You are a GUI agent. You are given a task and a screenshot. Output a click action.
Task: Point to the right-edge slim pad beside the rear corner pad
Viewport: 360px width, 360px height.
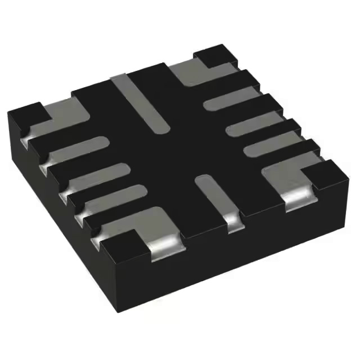(231, 98)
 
